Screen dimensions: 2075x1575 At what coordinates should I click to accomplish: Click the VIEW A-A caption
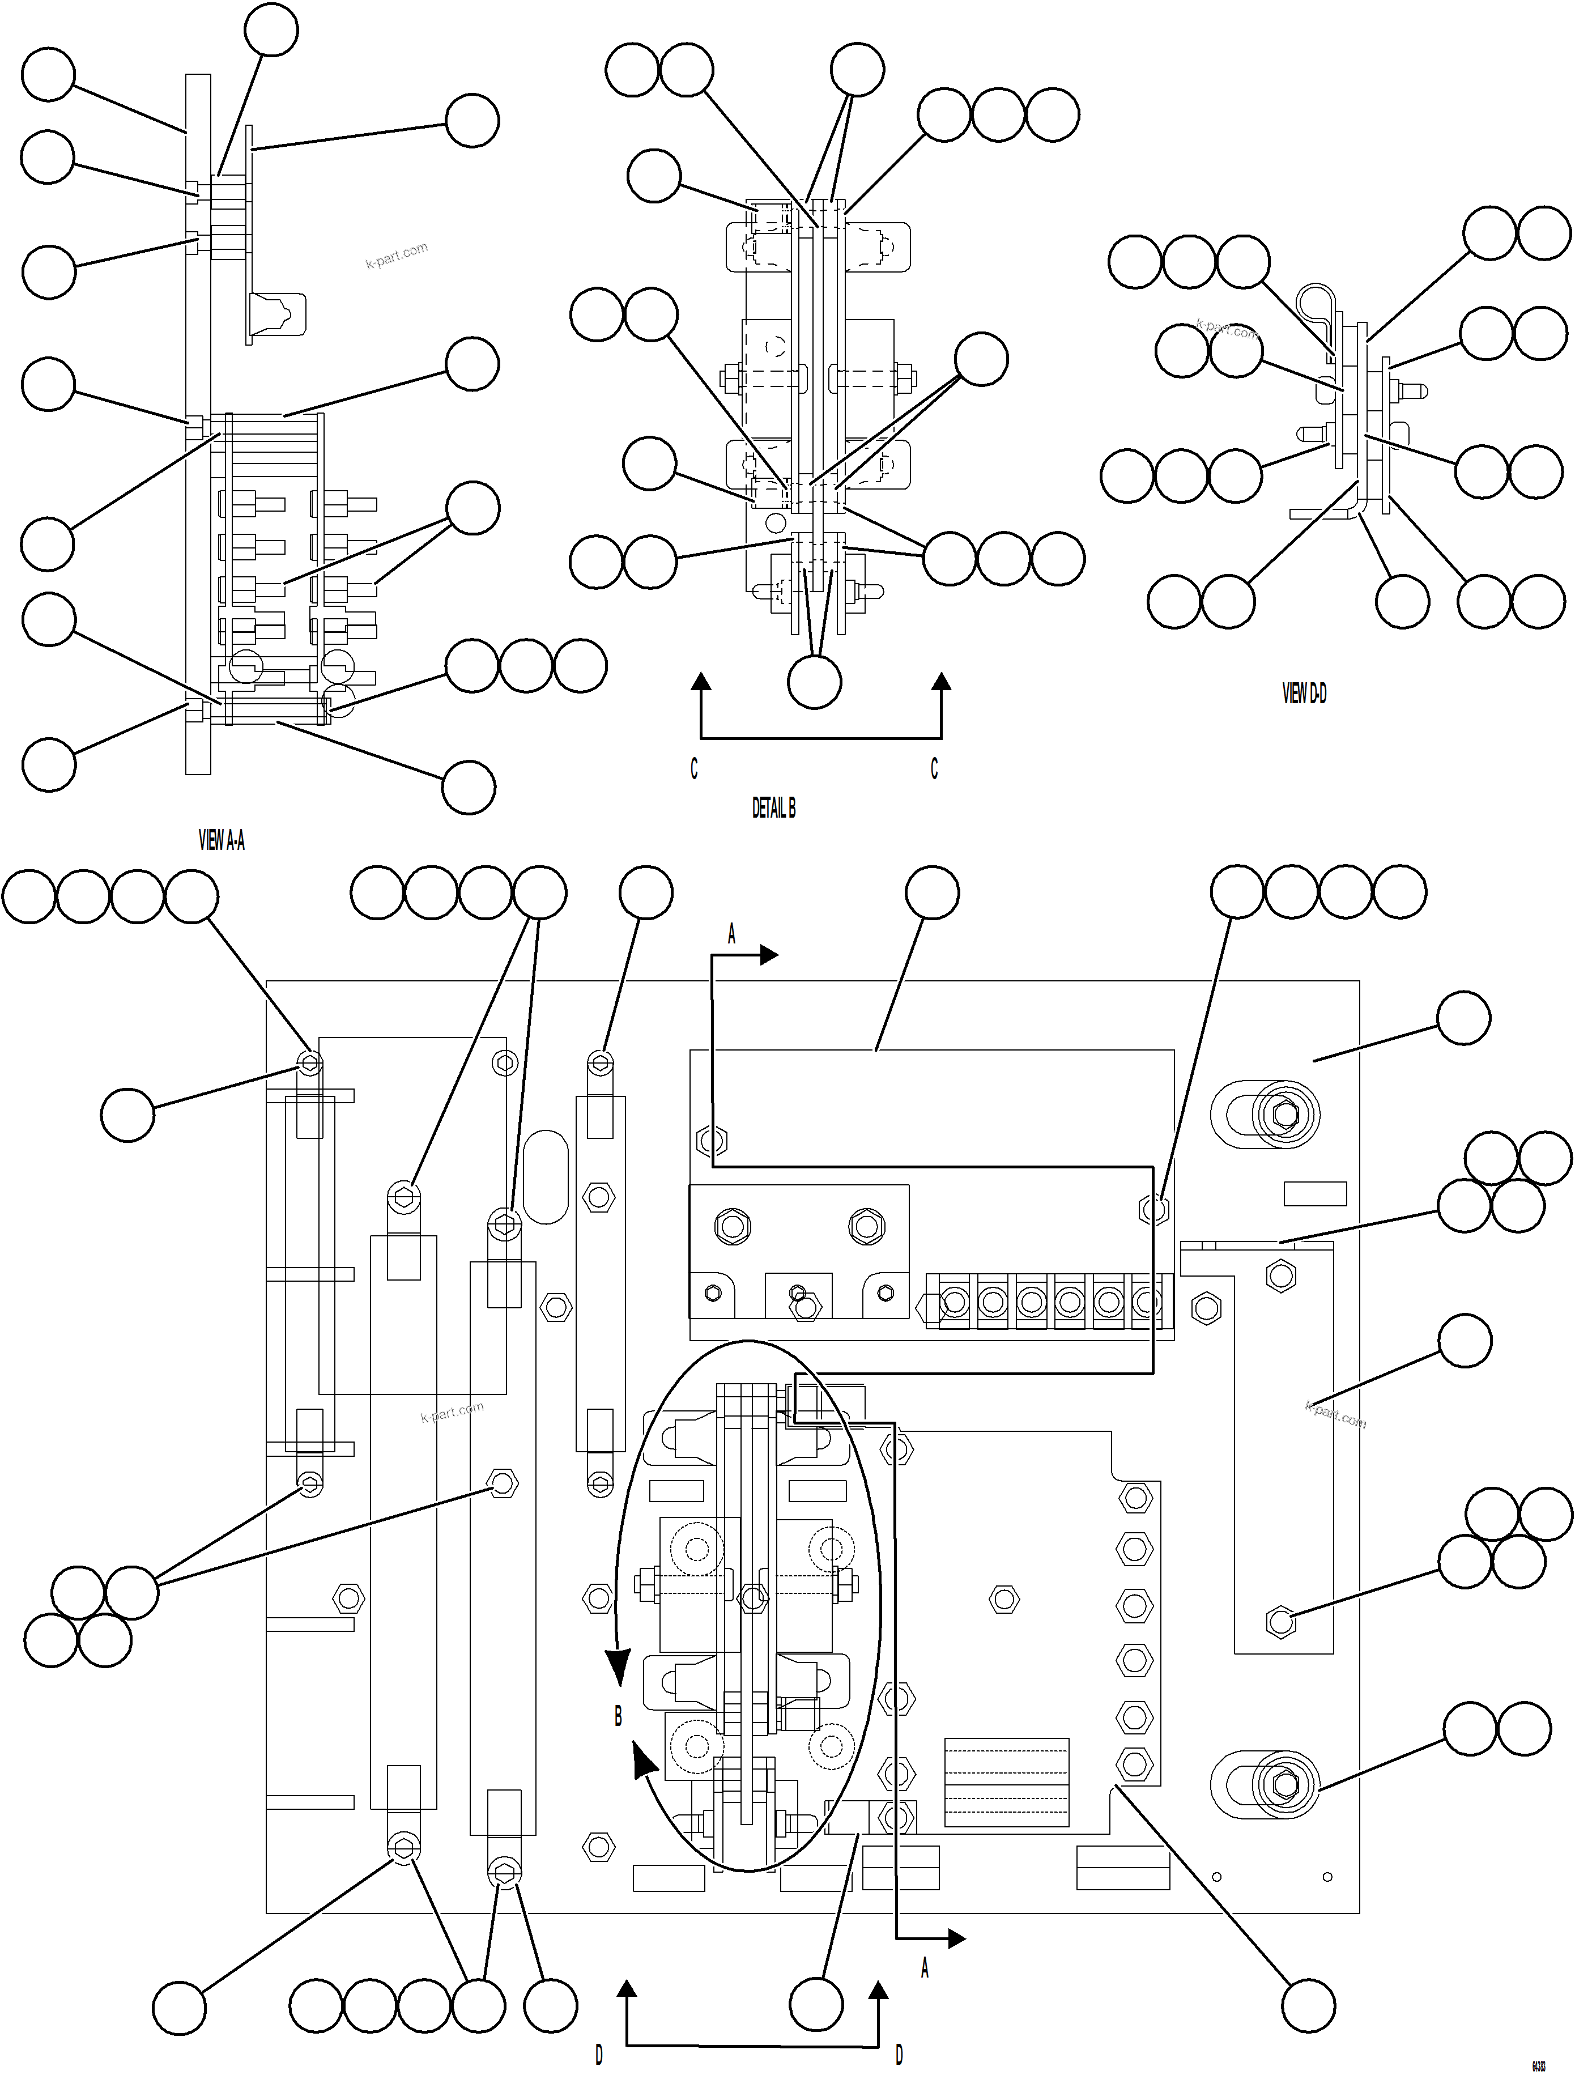[222, 840]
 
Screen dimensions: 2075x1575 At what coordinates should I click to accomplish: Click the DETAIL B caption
[774, 807]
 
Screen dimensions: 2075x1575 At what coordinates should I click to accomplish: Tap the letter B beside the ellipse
[618, 1717]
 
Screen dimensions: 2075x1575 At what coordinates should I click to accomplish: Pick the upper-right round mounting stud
[1285, 1115]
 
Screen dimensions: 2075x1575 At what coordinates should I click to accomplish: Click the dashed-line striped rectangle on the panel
[1006, 1782]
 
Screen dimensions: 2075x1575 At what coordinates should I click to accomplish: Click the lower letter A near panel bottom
[924, 1969]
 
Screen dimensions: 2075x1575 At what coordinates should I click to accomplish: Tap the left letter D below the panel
[598, 2055]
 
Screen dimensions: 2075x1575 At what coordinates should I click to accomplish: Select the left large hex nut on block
[731, 1226]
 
